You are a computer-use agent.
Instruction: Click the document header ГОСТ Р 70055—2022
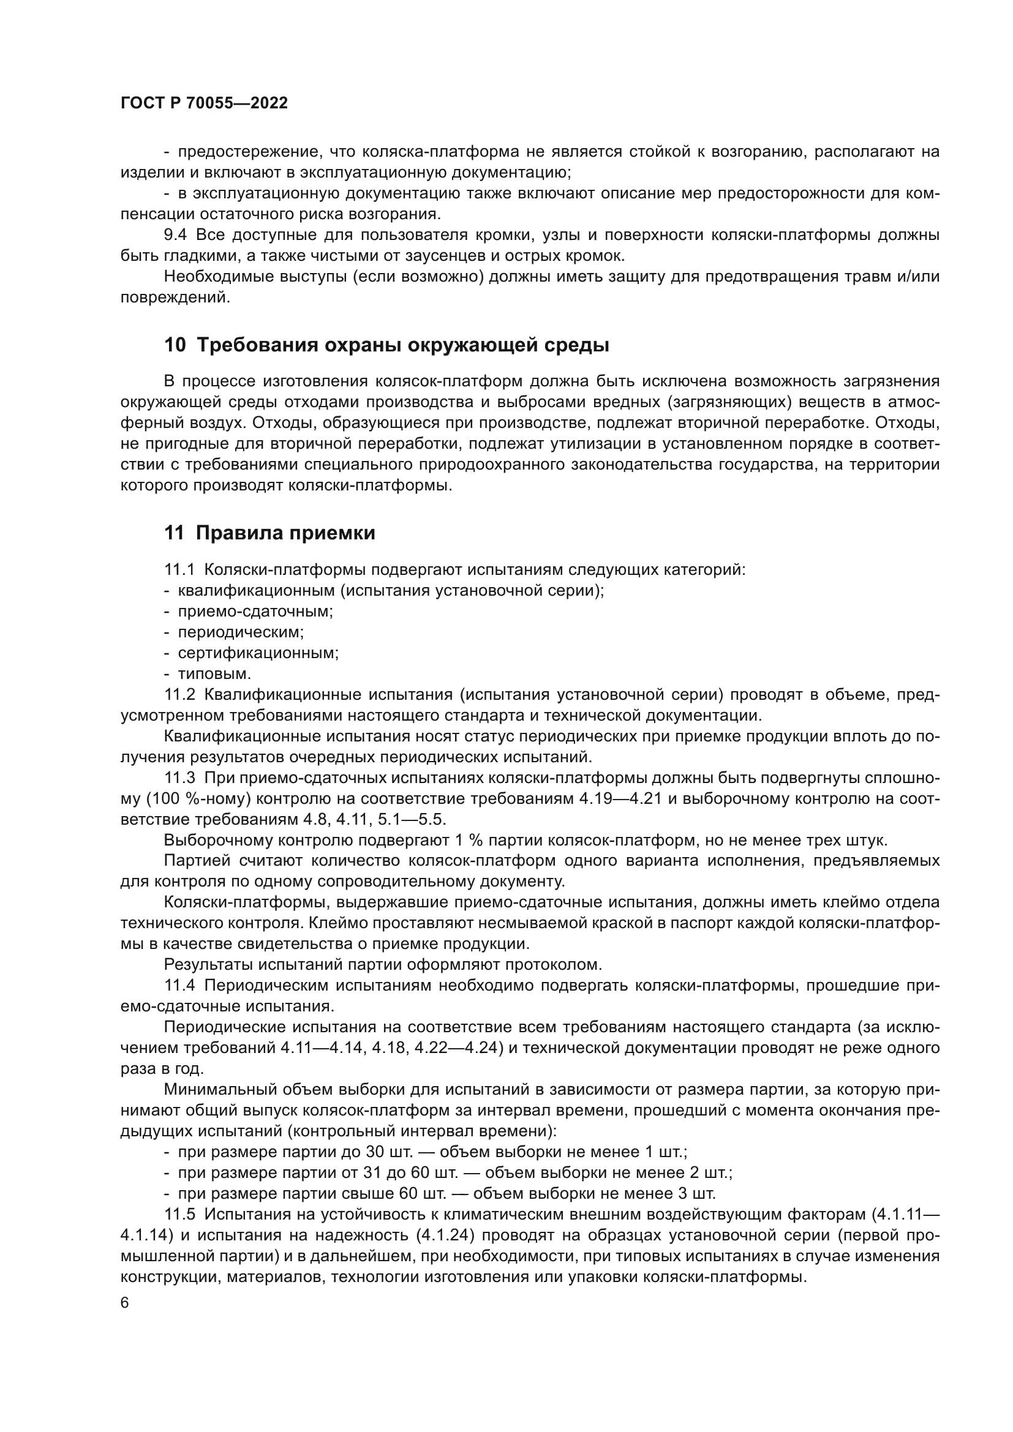pyautogui.click(x=204, y=103)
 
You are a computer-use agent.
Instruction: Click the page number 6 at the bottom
pyautogui.click(x=125, y=1303)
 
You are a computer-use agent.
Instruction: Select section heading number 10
pyautogui.click(x=175, y=345)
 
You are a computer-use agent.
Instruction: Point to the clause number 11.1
pyautogui.click(x=179, y=569)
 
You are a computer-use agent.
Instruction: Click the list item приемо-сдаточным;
pyautogui.click(x=255, y=611)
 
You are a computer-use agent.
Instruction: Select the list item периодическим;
pyautogui.click(x=241, y=632)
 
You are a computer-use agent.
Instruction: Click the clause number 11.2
pyautogui.click(x=179, y=695)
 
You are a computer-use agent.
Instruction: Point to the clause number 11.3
pyautogui.click(x=179, y=778)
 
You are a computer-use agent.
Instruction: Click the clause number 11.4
pyautogui.click(x=179, y=986)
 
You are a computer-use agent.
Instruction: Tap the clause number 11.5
pyautogui.click(x=179, y=1214)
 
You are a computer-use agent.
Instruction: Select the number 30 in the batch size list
pyautogui.click(x=377, y=1152)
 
